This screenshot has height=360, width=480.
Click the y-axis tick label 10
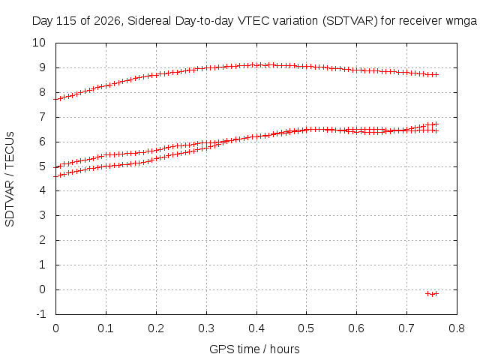click(39, 43)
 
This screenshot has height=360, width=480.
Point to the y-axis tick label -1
click(40, 314)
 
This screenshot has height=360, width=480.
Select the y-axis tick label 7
click(42, 117)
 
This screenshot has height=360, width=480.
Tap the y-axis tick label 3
click(42, 215)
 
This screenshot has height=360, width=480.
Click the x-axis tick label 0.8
click(457, 328)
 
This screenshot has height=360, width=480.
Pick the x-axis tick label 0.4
click(256, 328)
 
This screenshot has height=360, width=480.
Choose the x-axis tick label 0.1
click(106, 328)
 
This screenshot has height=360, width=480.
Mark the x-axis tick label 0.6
click(356, 328)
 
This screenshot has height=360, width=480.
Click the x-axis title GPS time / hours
click(254, 349)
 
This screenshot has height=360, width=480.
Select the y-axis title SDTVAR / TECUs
click(10, 179)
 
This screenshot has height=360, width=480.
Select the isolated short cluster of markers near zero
click(432, 294)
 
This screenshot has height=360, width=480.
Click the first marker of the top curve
click(56, 99)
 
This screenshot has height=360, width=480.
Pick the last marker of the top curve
click(436, 74)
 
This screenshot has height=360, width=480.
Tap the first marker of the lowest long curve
click(56, 177)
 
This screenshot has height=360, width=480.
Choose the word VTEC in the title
click(253, 21)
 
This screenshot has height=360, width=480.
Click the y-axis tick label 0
click(42, 289)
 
